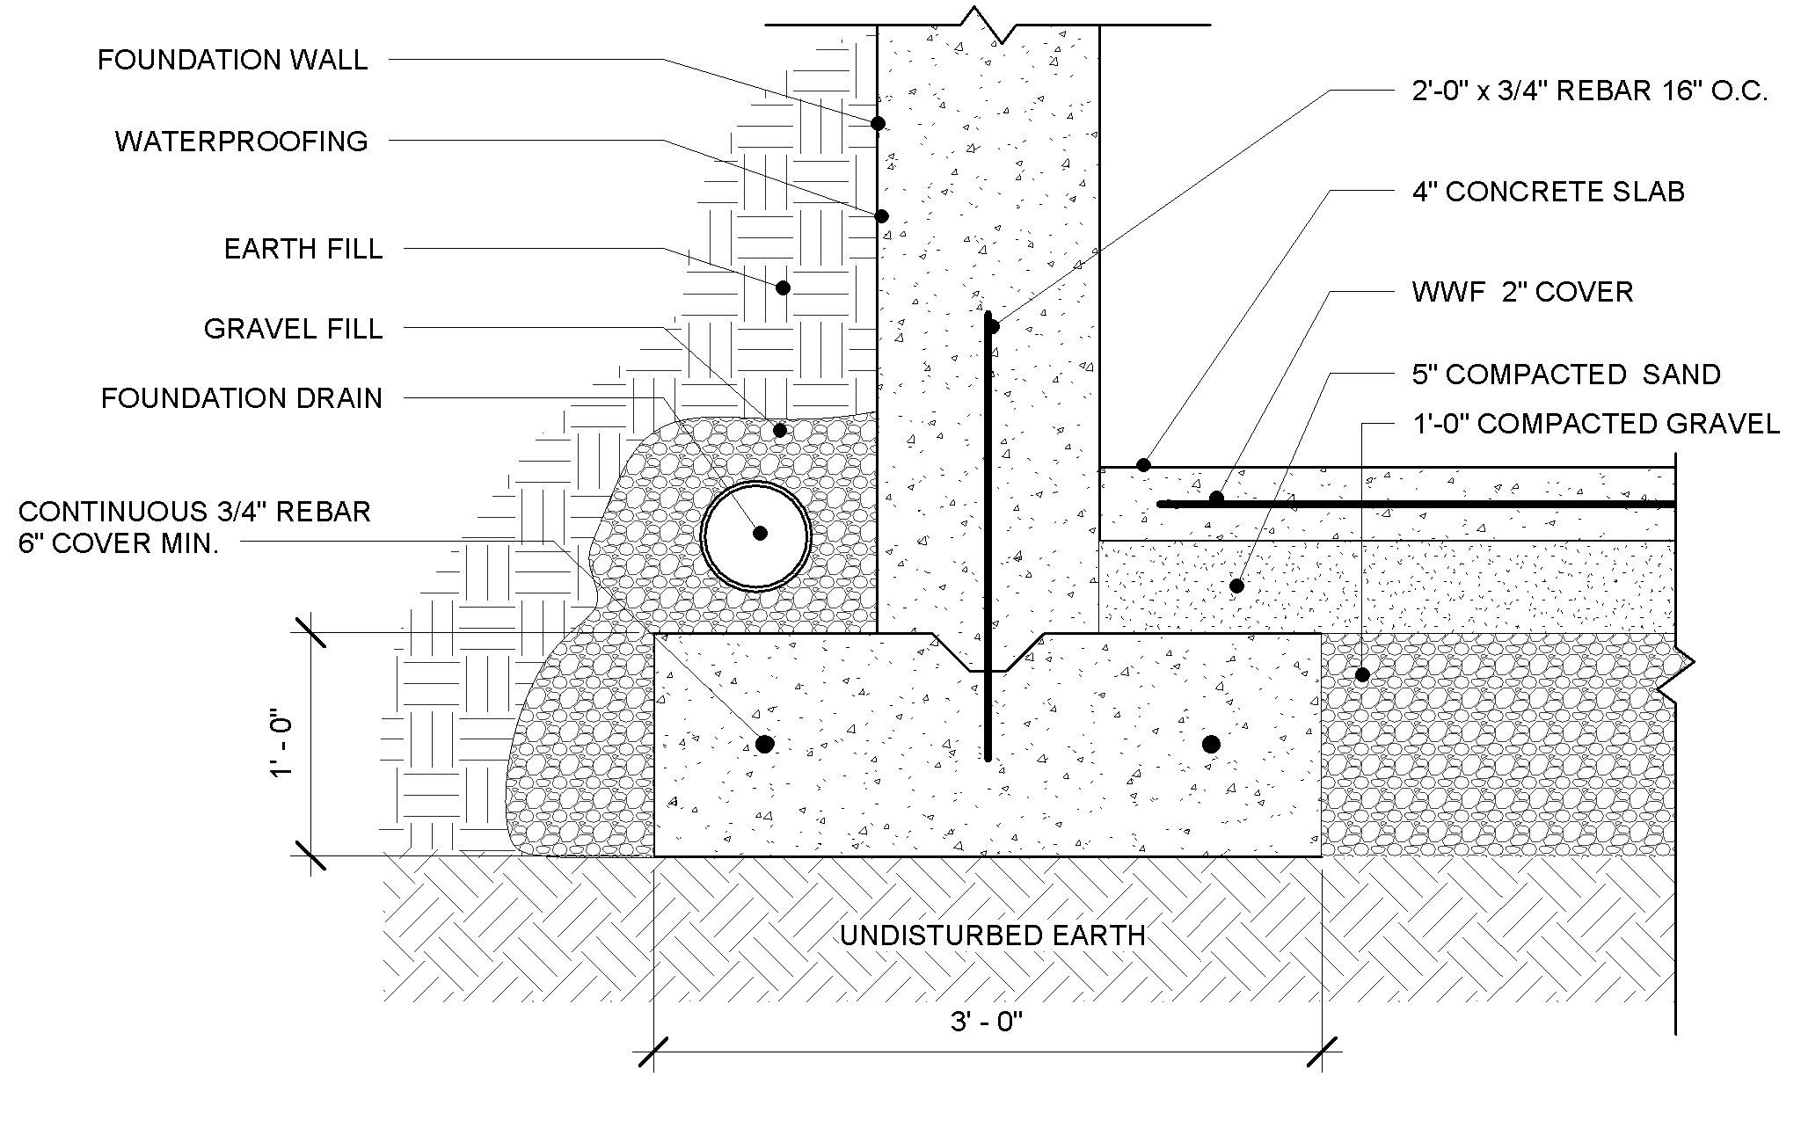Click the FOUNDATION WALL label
(232, 60)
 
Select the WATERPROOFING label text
(241, 142)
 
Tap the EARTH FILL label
(303, 249)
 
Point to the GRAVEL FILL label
(293, 329)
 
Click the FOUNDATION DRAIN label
(242, 398)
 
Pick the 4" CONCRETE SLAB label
(1548, 192)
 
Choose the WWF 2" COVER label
(1522, 292)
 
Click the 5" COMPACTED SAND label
(1566, 375)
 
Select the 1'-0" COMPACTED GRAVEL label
(1595, 424)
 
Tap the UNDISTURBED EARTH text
(993, 935)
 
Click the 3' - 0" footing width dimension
(988, 1023)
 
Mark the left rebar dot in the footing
(765, 745)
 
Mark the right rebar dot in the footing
(1211, 745)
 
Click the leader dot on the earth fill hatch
(783, 288)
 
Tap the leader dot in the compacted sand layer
(1236, 586)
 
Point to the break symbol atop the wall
(988, 25)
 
